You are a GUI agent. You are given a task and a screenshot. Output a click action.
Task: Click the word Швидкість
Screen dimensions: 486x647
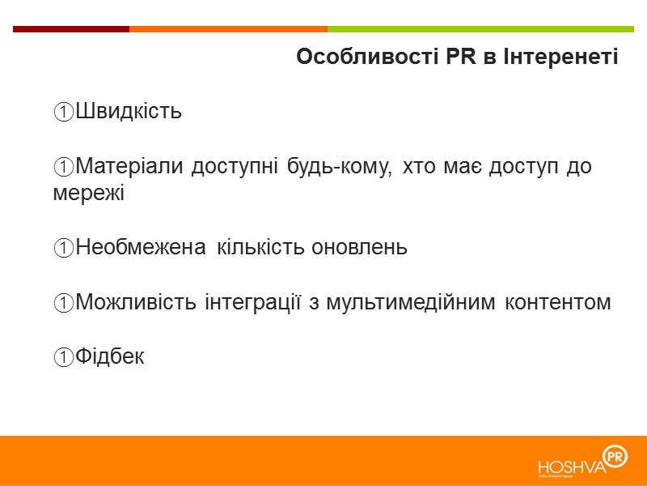point(128,112)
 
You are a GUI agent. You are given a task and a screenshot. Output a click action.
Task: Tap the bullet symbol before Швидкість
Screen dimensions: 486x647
point(64,112)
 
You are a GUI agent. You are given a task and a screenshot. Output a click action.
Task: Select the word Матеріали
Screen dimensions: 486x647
point(130,167)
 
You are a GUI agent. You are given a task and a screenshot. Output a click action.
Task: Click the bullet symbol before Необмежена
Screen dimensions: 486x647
point(64,248)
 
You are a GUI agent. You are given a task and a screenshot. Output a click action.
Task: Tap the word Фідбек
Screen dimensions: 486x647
point(110,356)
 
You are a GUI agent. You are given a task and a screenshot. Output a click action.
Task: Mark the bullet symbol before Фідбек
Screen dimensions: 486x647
point(64,356)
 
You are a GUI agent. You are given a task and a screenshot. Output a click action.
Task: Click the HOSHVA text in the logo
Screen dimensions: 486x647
point(571,467)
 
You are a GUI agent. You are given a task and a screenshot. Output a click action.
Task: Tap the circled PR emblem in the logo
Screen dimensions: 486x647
point(615,457)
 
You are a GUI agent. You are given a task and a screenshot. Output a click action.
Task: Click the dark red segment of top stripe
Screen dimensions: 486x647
point(71,29)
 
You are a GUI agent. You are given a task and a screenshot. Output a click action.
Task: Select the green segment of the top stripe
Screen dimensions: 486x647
point(485,29)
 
